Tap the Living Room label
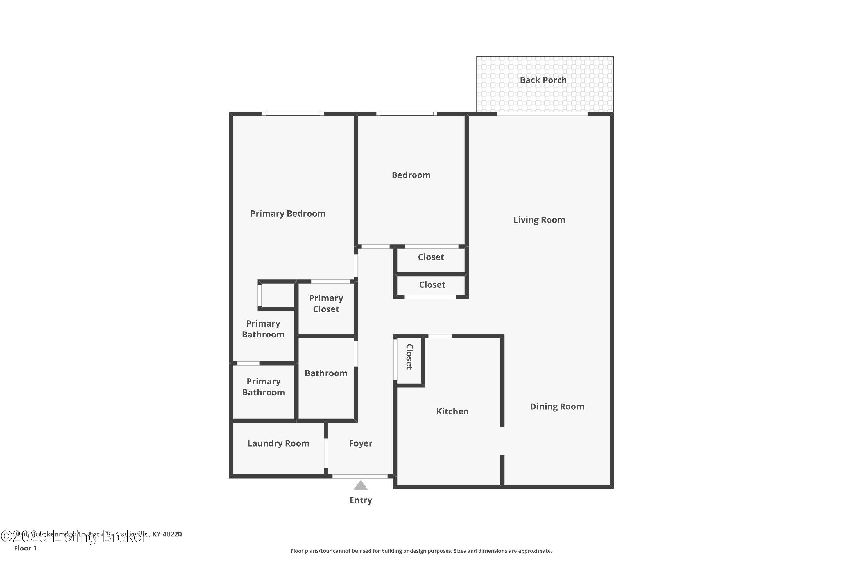539,220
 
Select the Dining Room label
557,406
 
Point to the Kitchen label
452,411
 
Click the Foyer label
360,443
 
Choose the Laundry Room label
278,443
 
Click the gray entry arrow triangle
361,486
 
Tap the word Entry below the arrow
361,500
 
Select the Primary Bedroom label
288,214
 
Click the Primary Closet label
326,303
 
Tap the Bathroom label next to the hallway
326,373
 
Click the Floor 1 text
25,548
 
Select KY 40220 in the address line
167,534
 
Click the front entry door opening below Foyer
360,476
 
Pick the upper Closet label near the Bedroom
431,257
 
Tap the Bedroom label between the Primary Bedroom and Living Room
411,175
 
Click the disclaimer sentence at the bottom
421,551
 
